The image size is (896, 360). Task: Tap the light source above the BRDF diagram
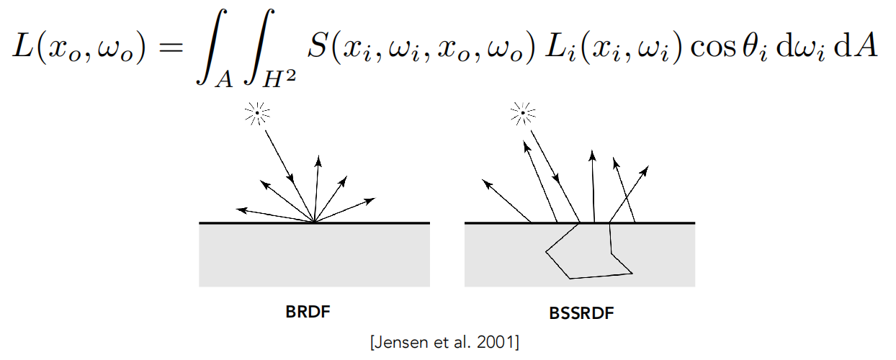click(256, 112)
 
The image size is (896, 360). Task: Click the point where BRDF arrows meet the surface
click(314, 222)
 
